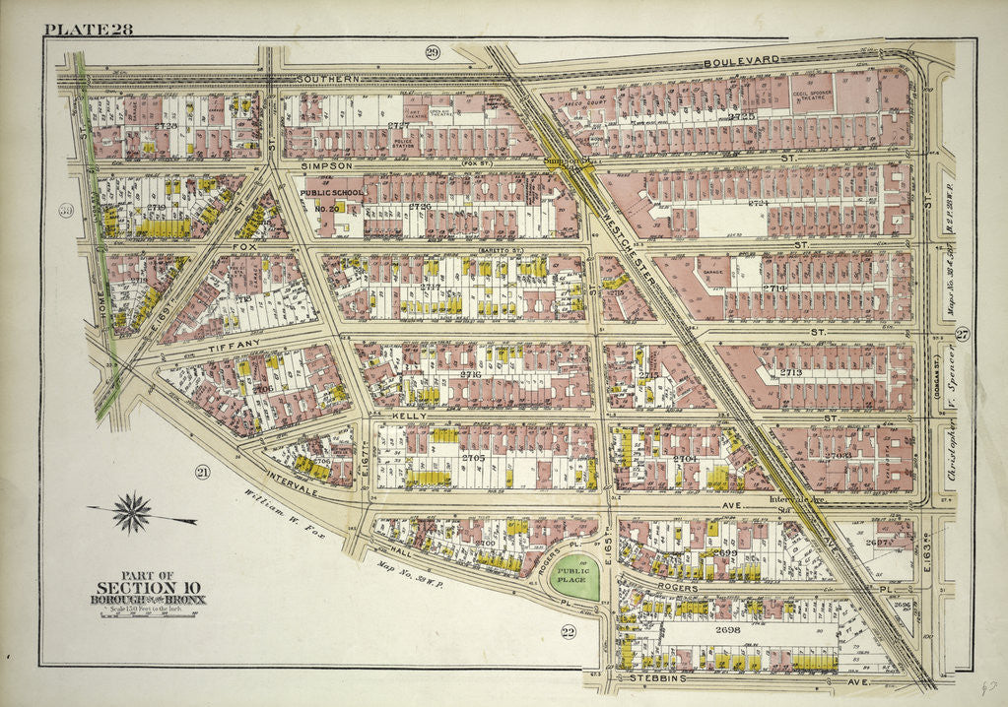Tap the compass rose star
coord(131,511)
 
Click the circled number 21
coord(203,472)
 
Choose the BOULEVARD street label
coord(743,61)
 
